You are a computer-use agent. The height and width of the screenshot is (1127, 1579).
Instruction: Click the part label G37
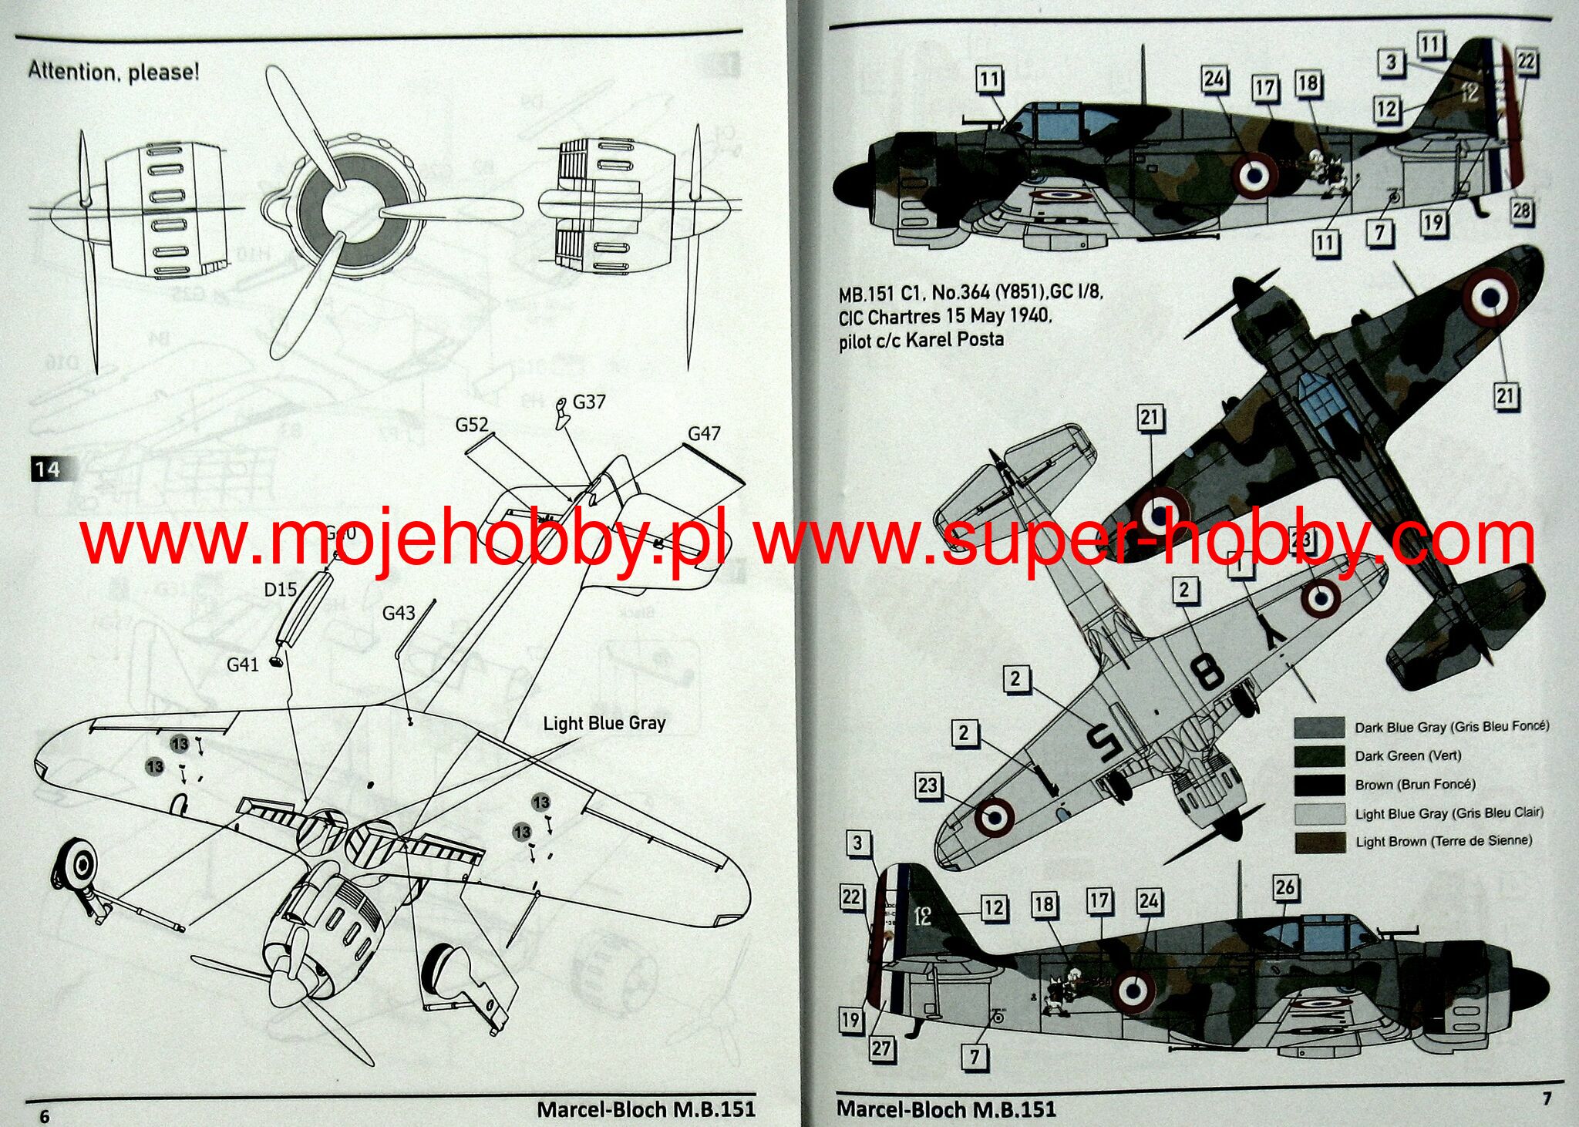(589, 402)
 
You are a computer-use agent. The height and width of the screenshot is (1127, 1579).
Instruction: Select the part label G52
(471, 425)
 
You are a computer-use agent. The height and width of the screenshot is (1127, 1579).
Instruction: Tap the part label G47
(704, 434)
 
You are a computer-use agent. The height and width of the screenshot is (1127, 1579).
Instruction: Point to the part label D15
(280, 590)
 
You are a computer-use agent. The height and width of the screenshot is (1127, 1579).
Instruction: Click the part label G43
(399, 613)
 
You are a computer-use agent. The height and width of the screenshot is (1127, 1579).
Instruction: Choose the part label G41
(242, 664)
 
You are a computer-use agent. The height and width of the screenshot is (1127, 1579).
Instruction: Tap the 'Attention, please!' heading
(114, 72)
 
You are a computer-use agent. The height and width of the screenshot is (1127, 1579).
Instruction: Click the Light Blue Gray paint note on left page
(604, 723)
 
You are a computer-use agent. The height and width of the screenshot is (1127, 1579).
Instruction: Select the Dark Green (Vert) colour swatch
(1318, 755)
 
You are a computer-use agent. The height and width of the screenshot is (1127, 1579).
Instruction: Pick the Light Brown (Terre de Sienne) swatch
(1318, 841)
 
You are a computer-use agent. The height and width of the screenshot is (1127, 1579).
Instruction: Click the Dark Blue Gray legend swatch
(1318, 727)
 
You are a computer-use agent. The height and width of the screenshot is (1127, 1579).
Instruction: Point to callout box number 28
(1521, 211)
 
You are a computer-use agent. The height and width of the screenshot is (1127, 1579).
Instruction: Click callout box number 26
(1284, 887)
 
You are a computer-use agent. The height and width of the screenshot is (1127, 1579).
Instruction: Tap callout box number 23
(927, 786)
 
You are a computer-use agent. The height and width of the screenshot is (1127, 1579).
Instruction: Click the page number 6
(44, 1116)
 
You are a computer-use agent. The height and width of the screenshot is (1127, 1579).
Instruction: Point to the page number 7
(1547, 1098)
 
